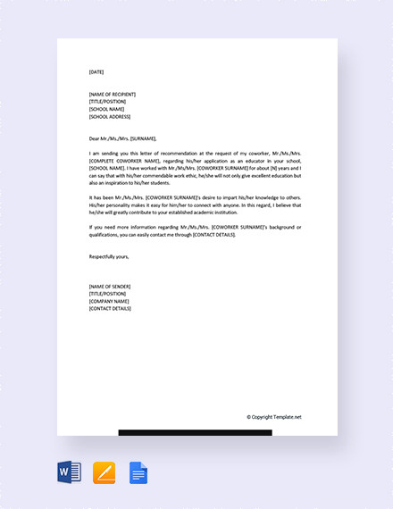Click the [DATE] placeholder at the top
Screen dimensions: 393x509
pyautogui.click(x=96, y=72)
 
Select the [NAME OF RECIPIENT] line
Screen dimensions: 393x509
pyautogui.click(x=113, y=95)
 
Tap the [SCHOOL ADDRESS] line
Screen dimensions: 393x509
pyautogui.click(x=110, y=117)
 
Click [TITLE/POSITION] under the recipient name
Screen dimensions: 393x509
pyautogui.click(x=108, y=102)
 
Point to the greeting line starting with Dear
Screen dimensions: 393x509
pyautogui.click(x=122, y=138)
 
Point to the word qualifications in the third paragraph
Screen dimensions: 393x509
pyautogui.click(x=107, y=234)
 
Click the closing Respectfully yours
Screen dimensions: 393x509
pyautogui.click(x=109, y=256)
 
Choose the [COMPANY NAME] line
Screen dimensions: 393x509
pyautogui.click(x=109, y=301)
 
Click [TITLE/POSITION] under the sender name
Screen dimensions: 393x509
pyautogui.click(x=108, y=293)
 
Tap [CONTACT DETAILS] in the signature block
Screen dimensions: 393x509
pyautogui.click(x=111, y=308)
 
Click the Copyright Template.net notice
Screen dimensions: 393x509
pyautogui.click(x=274, y=416)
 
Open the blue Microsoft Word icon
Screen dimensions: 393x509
pyautogui.click(x=69, y=472)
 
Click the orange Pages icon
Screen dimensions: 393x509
pyautogui.click(x=104, y=472)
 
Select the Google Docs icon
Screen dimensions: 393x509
pyautogui.click(x=138, y=472)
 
